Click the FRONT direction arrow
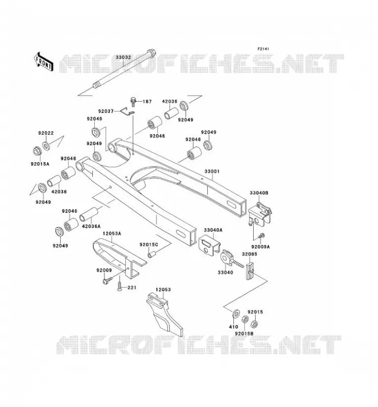(x=44, y=62)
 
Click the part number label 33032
(x=123, y=57)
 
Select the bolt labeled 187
(x=133, y=101)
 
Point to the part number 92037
(x=106, y=111)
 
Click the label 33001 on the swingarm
(x=212, y=171)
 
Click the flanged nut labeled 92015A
(x=37, y=151)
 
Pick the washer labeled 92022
(x=46, y=146)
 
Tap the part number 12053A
(x=112, y=234)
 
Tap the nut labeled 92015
(x=255, y=324)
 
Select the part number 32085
(x=250, y=254)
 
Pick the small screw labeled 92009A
(x=261, y=235)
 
